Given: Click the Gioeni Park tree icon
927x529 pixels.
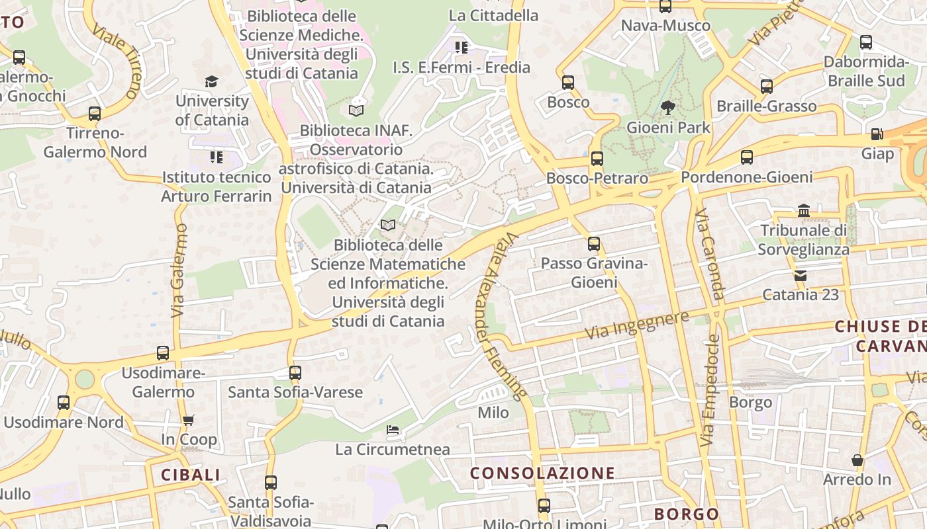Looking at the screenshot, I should tap(667, 107).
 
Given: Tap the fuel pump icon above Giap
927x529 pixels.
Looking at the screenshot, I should tap(877, 134).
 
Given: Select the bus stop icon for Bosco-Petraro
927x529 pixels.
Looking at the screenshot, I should tap(597, 158).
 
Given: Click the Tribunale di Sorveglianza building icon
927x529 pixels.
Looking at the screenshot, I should tap(804, 210).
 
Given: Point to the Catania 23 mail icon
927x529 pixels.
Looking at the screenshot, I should tap(801, 275).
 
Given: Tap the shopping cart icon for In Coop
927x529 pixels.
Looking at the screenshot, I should tap(189, 420).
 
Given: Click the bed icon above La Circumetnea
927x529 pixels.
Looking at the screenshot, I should tap(393, 430).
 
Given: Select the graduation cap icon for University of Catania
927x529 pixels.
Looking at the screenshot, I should tap(211, 81).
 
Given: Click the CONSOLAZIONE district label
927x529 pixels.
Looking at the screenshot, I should tap(542, 473).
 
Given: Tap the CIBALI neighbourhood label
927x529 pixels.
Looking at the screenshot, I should tap(191, 475).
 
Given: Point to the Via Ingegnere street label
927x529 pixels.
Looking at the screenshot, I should tap(637, 325).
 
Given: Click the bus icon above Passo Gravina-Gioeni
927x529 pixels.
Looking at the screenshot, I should tap(594, 243).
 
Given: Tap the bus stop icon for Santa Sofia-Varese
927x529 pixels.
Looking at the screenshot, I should tap(295, 372).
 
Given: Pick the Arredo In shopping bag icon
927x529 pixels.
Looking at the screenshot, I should tap(857, 460).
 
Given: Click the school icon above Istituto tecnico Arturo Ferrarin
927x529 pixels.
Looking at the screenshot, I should tap(217, 157).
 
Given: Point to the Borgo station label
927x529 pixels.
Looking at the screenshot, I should tap(750, 402).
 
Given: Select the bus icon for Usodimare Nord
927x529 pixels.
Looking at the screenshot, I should tap(64, 402).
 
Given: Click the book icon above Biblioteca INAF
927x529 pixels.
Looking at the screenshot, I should tap(356, 110).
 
